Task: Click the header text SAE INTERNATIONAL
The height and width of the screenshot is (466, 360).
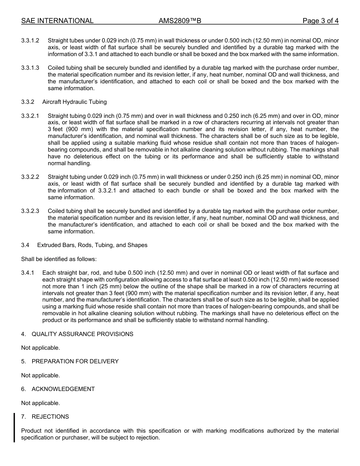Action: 57,21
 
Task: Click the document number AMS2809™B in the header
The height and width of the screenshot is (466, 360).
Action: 180,21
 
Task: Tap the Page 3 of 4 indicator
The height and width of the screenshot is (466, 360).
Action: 320,21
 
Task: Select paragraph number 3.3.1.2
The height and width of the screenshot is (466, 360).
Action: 30,41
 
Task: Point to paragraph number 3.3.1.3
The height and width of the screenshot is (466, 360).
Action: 30,68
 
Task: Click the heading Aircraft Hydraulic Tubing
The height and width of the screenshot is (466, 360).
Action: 75,102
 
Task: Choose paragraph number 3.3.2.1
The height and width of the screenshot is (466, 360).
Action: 30,116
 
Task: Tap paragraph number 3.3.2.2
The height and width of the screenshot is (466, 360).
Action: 30,177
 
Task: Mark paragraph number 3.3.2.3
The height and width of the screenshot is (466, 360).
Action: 30,211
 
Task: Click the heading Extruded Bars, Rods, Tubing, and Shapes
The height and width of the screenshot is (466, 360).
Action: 92,245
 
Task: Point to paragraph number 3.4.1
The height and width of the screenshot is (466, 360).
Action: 28,273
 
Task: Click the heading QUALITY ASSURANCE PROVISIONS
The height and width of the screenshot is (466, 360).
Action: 82,334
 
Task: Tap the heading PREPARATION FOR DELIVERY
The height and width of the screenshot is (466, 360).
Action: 75,361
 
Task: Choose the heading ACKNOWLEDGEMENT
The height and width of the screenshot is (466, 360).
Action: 63,389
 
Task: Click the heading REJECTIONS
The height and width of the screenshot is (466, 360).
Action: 50,417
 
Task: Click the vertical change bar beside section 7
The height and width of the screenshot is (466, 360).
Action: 14,428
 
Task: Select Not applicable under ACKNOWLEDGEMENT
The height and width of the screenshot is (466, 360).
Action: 41,403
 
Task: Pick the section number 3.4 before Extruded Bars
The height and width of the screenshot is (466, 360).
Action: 25,245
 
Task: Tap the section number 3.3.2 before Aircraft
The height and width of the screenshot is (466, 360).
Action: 28,102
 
